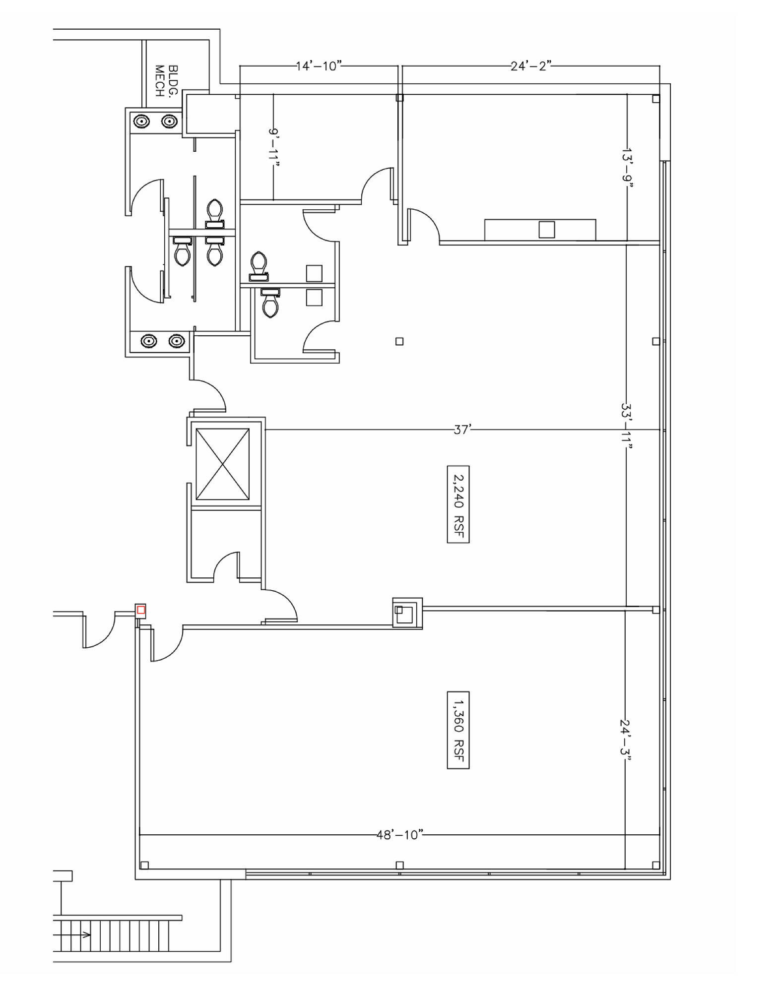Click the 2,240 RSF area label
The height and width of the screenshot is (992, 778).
458,504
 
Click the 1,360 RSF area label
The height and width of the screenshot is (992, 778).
458,730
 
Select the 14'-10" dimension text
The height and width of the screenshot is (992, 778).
319,66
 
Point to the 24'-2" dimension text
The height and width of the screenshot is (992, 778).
531,66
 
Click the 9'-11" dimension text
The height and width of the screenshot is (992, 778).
274,148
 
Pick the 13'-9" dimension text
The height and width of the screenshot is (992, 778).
627,168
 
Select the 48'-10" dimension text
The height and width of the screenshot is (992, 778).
400,835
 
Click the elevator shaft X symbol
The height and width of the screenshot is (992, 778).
223,464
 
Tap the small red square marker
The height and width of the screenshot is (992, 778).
141,610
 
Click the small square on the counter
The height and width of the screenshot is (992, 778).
547,230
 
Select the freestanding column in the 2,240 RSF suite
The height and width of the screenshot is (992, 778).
399,341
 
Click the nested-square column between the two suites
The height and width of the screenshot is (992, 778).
407,613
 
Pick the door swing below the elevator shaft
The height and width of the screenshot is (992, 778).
227,565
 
